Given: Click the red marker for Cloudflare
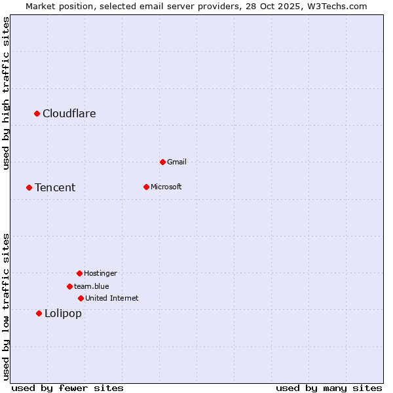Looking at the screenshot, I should (37, 114).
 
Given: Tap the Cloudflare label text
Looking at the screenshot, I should (69, 114).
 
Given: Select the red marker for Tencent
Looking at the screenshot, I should (29, 188).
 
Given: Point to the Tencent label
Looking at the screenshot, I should (55, 188).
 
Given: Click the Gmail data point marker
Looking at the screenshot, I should (162, 162).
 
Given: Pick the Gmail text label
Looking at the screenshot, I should (177, 162).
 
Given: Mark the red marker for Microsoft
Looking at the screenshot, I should (146, 187).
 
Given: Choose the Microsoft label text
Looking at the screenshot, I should (166, 187).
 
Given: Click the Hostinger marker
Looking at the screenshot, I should (79, 273).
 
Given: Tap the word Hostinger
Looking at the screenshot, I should (100, 273).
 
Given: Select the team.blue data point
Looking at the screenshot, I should (69, 286).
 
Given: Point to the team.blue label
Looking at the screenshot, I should (92, 286).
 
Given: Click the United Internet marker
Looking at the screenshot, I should (81, 298).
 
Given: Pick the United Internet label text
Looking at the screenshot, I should (112, 299).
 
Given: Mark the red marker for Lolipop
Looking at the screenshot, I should (39, 314).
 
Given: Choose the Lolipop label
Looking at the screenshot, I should (63, 314).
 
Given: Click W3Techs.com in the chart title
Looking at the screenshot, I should (336, 6).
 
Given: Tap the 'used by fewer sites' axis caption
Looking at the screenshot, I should (67, 388).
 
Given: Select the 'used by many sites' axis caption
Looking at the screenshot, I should (329, 388).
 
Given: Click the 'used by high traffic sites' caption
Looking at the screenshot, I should (7, 94).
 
